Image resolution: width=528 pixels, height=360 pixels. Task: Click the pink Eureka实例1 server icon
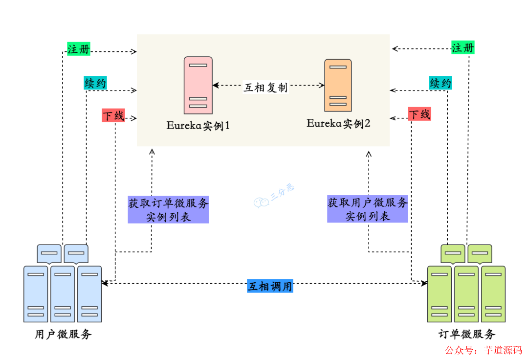coord(198,85)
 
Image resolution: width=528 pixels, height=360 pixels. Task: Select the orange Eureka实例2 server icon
coord(338,85)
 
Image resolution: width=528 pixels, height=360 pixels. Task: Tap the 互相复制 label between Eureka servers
coord(266,87)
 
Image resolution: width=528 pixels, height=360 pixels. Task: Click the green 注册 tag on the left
coord(79,49)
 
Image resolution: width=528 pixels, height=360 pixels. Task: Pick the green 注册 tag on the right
coord(463,48)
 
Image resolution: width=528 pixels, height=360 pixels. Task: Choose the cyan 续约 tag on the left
coord(95,83)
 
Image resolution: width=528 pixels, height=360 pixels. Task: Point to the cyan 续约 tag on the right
coord(440,83)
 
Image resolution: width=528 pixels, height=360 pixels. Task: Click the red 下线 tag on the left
coord(113,115)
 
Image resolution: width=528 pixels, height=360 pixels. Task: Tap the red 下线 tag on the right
coord(419,114)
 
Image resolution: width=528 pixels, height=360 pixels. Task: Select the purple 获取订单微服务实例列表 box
coord(168,209)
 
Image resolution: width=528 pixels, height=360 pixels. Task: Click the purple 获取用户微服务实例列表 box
coord(368,209)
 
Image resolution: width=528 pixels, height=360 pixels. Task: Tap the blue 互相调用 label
coord(270,286)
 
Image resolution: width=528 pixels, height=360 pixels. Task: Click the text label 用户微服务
coord(63,335)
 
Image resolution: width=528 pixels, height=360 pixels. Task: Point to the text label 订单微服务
coord(467,335)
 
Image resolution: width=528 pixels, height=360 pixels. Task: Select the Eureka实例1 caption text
coord(198,125)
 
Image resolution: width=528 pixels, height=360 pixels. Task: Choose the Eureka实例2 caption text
coord(338,123)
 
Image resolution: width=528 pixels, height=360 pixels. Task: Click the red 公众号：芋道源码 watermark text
coord(483,350)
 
